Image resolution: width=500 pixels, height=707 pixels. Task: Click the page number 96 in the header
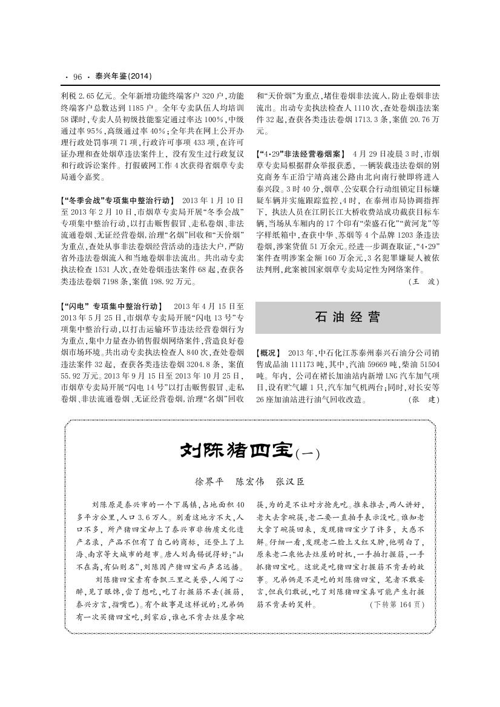pyautogui.click(x=77, y=77)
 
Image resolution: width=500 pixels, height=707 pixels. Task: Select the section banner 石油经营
pyautogui.click(x=348, y=317)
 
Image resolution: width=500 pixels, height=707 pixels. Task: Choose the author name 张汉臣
pyautogui.click(x=290, y=482)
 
